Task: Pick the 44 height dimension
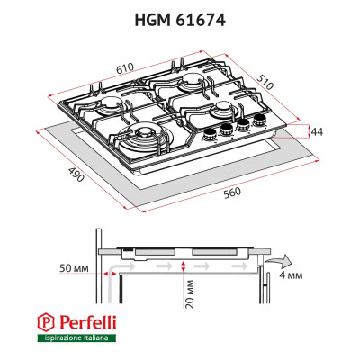[x=316, y=131]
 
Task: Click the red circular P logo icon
[x=45, y=321]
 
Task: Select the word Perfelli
[x=86, y=320]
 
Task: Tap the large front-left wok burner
[x=145, y=139]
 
